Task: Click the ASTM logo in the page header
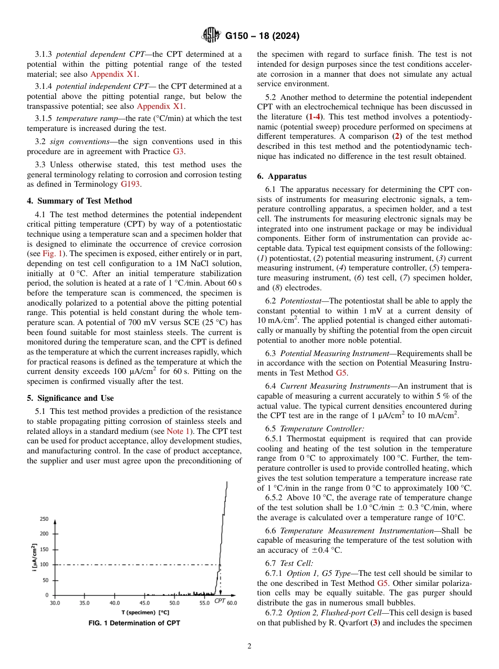coord(211,36)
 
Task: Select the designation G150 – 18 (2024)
coord(262,36)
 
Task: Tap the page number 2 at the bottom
coord(250,646)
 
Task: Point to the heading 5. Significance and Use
coord(70,398)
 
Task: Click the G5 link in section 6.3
coord(341,373)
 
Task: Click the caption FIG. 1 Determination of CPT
coord(134,623)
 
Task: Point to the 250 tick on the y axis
coord(44,519)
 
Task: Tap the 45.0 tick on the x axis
coord(144,603)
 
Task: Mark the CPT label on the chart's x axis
coord(220,601)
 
